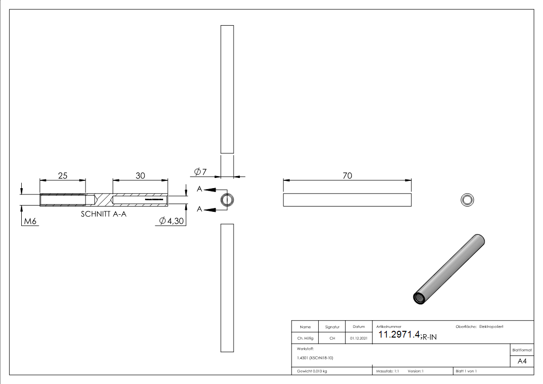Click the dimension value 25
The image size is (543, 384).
pyautogui.click(x=63, y=176)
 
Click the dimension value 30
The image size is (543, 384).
pyautogui.click(x=140, y=176)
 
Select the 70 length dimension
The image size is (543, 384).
pyautogui.click(x=347, y=176)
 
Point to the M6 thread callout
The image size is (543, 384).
pyautogui.click(x=30, y=222)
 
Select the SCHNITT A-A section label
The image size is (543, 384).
pyautogui.click(x=103, y=214)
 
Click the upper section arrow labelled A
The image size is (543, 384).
pyautogui.click(x=206, y=189)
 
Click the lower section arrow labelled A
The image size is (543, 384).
pyautogui.click(x=206, y=209)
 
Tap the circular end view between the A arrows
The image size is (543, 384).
pyautogui.click(x=227, y=200)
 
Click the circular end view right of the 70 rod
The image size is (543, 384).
pyautogui.click(x=467, y=200)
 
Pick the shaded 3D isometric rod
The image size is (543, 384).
pyautogui.click(x=448, y=270)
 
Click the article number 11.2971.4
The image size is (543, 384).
pyautogui.click(x=398, y=335)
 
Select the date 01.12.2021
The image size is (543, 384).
pyautogui.click(x=358, y=338)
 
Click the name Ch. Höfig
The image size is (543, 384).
pyautogui.click(x=305, y=338)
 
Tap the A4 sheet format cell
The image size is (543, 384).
pyautogui.click(x=522, y=361)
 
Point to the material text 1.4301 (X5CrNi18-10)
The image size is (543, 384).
pyautogui.click(x=315, y=358)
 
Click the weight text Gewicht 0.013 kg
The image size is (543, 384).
pyautogui.click(x=312, y=371)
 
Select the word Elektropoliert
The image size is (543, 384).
pyautogui.click(x=491, y=327)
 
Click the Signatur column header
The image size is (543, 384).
pyautogui.click(x=332, y=327)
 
